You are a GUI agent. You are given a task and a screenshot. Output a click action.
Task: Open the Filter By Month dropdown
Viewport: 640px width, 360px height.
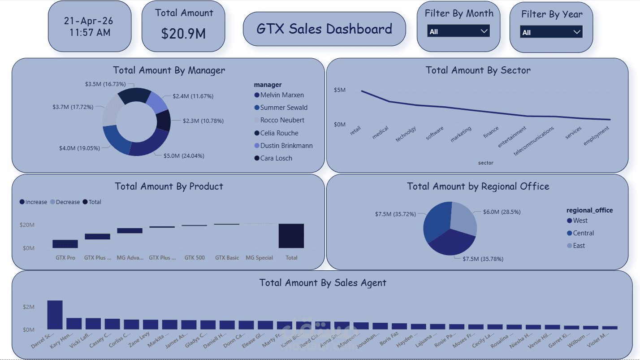point(458,31)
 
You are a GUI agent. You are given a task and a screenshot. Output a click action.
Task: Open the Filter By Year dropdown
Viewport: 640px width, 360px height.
point(551,32)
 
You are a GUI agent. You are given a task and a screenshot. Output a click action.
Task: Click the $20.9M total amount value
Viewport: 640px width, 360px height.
point(183,34)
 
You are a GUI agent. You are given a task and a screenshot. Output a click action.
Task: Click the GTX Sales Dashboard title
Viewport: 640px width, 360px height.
point(324,29)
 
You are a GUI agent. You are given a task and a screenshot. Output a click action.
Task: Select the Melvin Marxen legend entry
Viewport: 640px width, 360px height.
point(281,95)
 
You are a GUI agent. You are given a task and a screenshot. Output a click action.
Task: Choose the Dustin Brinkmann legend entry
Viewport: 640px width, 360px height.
point(286,146)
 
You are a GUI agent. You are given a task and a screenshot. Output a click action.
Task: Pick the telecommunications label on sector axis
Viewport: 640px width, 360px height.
point(534,140)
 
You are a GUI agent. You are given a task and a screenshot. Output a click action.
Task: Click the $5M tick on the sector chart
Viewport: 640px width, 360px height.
point(340,90)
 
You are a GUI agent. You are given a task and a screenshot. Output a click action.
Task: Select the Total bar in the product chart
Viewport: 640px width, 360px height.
point(291,236)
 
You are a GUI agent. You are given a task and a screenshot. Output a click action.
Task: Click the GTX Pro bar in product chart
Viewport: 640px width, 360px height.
point(65,244)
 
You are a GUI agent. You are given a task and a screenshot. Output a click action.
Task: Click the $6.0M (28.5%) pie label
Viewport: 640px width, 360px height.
point(502,212)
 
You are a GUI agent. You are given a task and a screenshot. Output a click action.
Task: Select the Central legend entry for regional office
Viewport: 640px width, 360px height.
point(583,233)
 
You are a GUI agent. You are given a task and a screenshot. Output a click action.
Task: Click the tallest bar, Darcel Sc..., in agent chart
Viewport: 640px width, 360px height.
point(55,315)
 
